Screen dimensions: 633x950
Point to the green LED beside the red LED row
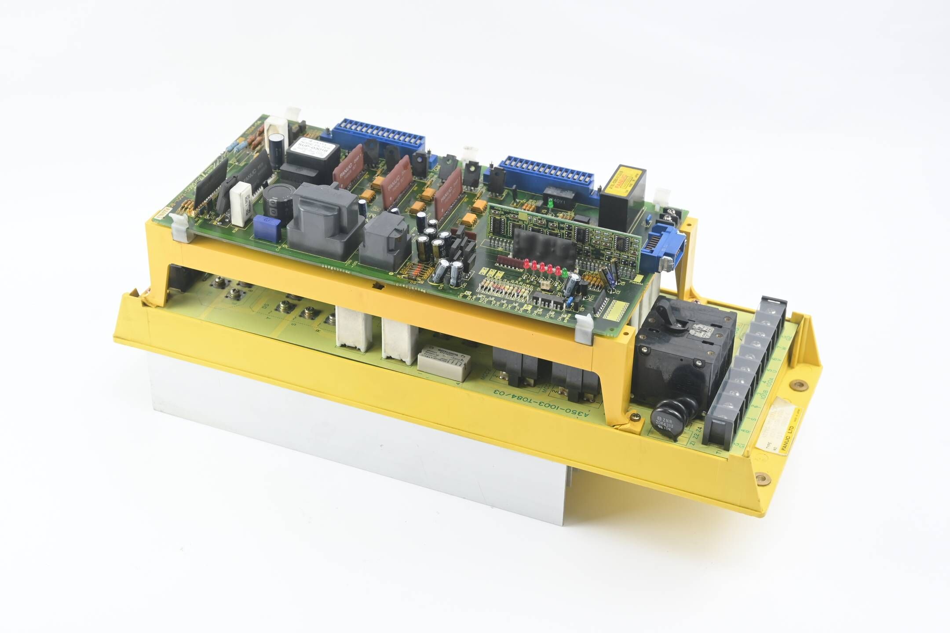click(564, 272)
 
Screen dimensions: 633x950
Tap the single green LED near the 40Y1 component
click(550, 203)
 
